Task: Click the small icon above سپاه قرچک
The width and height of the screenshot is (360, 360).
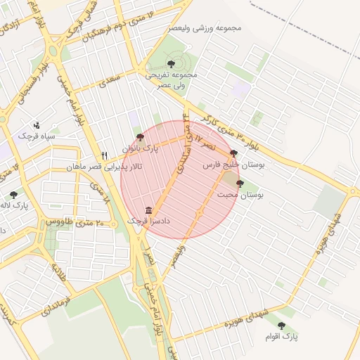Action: coord(37,125)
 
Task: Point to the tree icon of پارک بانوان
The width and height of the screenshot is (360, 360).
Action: coord(140,137)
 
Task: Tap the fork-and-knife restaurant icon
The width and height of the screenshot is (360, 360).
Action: coord(104,155)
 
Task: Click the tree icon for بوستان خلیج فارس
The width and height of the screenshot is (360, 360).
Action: coord(233,153)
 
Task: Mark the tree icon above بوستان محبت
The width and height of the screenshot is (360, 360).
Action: coord(240,184)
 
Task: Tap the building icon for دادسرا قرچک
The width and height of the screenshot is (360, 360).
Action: coord(148,210)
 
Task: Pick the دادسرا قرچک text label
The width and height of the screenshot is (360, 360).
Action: coord(148,221)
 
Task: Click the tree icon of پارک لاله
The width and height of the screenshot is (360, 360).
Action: coord(13,195)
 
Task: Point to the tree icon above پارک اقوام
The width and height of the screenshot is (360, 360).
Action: coord(282,326)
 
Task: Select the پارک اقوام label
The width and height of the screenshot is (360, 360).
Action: coord(282,337)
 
